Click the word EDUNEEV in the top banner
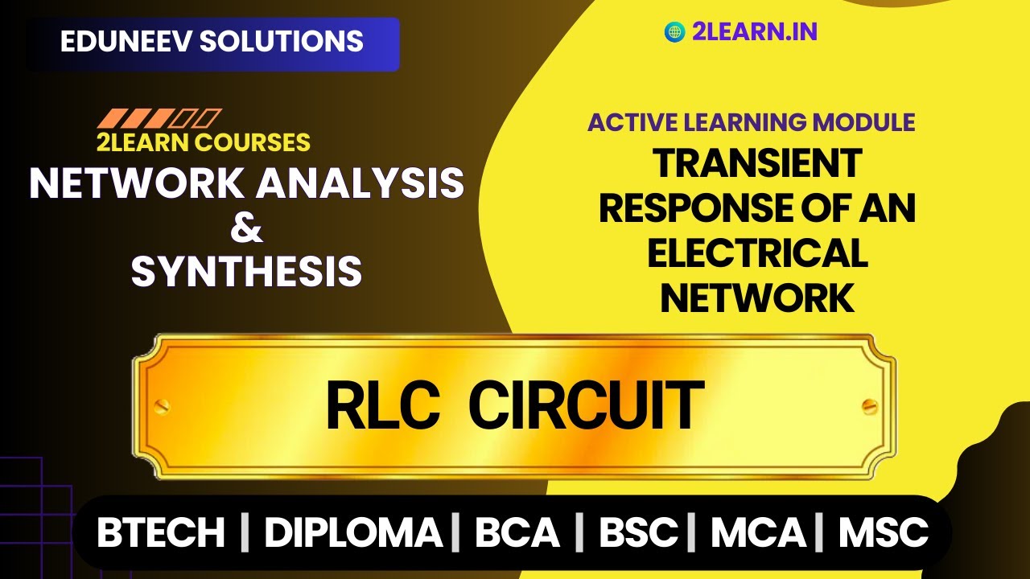point(125,42)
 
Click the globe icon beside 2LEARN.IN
point(674,31)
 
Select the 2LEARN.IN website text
point(754,31)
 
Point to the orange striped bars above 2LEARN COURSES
point(159,118)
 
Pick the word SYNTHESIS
point(246,271)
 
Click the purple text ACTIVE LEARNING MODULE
point(751,122)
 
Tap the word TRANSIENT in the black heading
point(757,164)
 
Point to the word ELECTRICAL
point(757,254)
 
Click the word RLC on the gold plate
point(382,407)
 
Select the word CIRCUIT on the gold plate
point(586,407)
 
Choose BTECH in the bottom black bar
point(161,532)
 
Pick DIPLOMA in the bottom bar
point(353,532)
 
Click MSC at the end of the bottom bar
point(884,532)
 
